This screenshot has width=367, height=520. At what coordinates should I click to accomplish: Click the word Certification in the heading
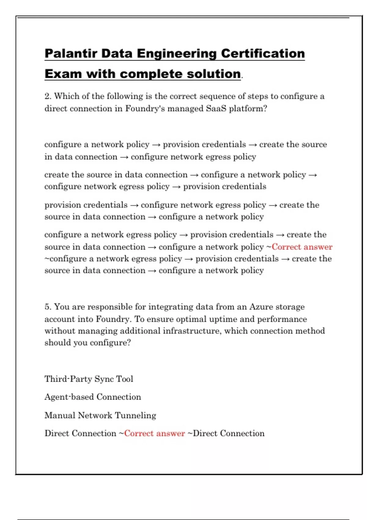[263, 54]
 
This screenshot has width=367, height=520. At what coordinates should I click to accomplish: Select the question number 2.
[48, 96]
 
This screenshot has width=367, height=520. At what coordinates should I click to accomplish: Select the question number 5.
[48, 307]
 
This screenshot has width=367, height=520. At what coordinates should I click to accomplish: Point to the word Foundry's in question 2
[145, 109]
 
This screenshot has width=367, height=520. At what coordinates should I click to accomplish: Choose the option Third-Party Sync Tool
[89, 379]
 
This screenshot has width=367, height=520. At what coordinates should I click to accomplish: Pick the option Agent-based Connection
[93, 397]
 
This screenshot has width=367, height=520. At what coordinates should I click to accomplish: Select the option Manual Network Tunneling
[100, 415]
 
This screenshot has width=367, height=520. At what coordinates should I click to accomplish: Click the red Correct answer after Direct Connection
[154, 433]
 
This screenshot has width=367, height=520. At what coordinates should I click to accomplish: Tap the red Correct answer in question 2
[302, 247]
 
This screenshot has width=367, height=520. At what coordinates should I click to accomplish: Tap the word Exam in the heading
[63, 74]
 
